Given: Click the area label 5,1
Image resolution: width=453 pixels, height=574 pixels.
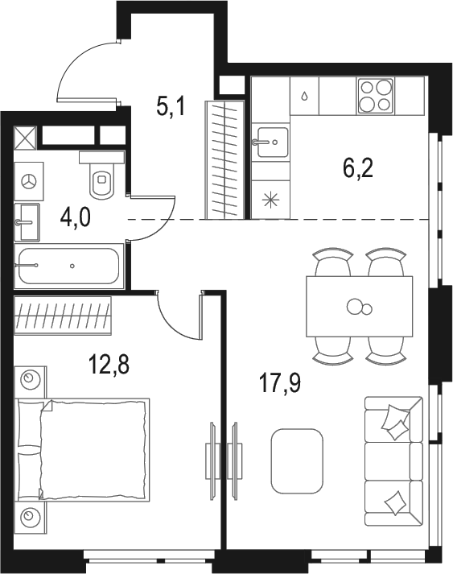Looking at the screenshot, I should (171, 105).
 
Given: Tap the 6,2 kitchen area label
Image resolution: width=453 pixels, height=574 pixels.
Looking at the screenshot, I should (357, 170).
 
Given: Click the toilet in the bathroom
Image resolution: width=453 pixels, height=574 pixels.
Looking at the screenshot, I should (101, 178).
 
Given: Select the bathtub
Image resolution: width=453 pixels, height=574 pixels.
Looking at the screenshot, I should (69, 265).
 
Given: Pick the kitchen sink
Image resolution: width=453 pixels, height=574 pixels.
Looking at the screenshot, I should (270, 144).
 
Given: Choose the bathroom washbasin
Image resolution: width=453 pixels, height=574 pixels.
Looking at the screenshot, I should (27, 218).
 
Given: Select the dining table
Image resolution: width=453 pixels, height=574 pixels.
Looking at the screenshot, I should (359, 306).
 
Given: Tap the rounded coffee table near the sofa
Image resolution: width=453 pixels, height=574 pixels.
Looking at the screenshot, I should (297, 460).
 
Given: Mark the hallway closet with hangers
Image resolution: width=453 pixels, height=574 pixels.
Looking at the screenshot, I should (224, 159).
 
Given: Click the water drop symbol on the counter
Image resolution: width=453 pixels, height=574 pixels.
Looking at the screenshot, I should (304, 95).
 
